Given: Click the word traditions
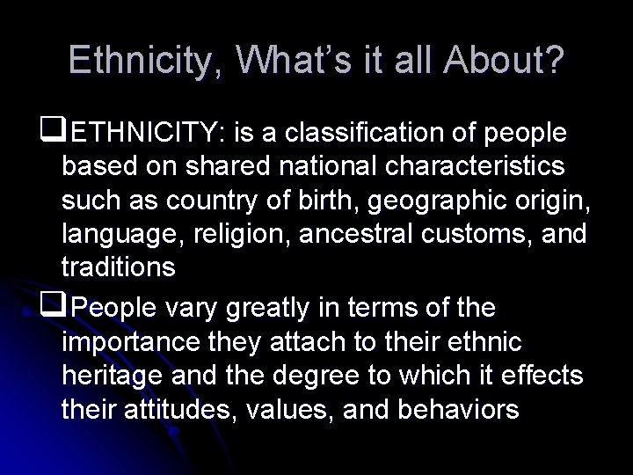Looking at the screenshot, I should point(119,267).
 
